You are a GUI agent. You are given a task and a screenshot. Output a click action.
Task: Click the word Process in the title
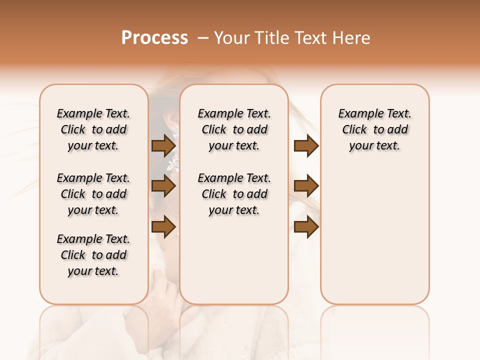pyautogui.click(x=154, y=38)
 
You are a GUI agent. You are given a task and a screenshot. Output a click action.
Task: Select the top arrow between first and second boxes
pyautogui.click(x=163, y=145)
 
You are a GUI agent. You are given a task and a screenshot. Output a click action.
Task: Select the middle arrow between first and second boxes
pyautogui.click(x=163, y=186)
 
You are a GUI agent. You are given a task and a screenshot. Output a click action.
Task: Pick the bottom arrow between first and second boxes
pyautogui.click(x=163, y=226)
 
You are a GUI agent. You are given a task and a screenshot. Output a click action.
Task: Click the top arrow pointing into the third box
pyautogui.click(x=306, y=145)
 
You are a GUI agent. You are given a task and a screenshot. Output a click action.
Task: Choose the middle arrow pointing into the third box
pyautogui.click(x=306, y=186)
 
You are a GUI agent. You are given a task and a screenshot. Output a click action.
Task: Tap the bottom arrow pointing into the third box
pyautogui.click(x=306, y=226)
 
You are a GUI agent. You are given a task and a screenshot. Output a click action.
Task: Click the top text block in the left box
pyautogui.click(x=93, y=129)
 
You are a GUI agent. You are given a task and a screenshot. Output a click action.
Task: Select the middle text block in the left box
pyautogui.click(x=93, y=194)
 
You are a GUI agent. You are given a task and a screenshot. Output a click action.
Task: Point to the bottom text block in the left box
pyautogui.click(x=93, y=255)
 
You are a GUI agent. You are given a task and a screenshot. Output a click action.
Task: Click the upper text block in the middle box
pyautogui.click(x=234, y=129)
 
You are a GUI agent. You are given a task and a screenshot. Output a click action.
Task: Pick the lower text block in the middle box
pyautogui.click(x=234, y=194)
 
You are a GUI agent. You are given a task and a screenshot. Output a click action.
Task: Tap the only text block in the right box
pyautogui.click(x=375, y=129)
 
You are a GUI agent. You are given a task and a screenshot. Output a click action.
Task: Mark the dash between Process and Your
pyautogui.click(x=202, y=38)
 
